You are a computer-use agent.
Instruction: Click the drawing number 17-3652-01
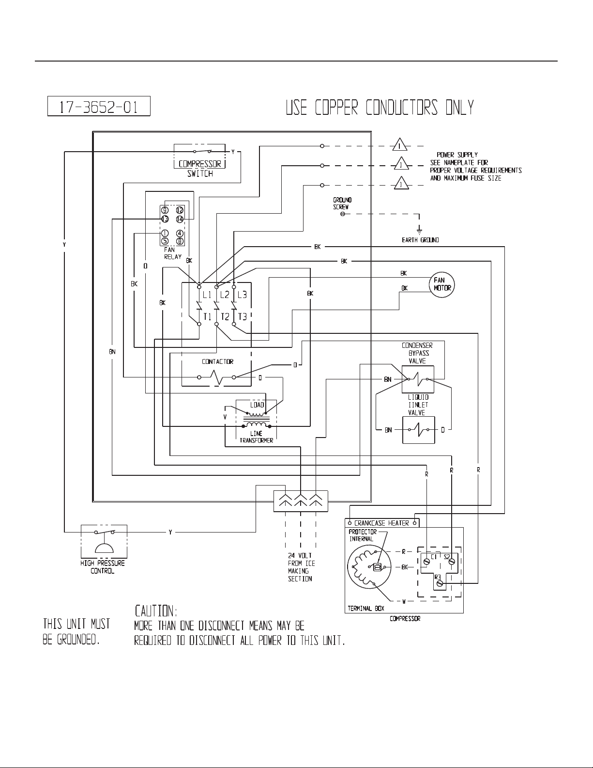tap(99, 107)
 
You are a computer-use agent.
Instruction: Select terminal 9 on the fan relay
tap(165, 210)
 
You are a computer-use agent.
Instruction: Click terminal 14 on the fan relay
tap(180, 219)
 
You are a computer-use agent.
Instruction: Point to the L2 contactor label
tap(225, 295)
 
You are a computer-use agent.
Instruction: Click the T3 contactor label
tap(243, 316)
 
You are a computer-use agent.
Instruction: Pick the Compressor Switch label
tap(200, 169)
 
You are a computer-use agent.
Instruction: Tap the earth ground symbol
tap(419, 231)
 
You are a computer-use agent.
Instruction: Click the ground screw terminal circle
tap(343, 214)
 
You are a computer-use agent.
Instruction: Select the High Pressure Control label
tap(102, 567)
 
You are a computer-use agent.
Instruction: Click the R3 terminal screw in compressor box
tap(440, 583)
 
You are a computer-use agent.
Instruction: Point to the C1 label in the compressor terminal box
tap(434, 557)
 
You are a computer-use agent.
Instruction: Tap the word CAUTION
tap(156, 611)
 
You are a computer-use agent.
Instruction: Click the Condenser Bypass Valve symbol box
tap(418, 379)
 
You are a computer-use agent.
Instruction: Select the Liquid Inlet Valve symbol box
tap(419, 430)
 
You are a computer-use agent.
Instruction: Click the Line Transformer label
tap(256, 437)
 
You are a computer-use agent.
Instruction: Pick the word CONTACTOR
tap(217, 361)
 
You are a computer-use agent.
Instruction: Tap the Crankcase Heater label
tap(381, 523)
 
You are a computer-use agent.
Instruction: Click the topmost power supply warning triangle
tap(399, 144)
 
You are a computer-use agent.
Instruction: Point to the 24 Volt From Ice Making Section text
tap(301, 567)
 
